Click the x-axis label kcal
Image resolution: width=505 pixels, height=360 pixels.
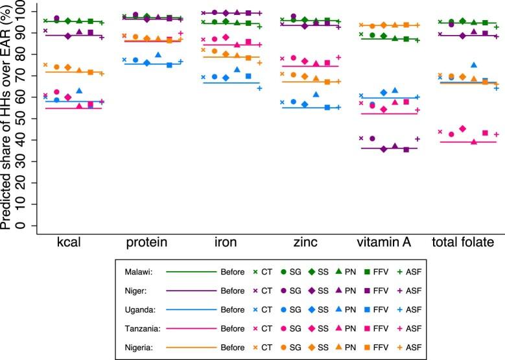coord(69,243)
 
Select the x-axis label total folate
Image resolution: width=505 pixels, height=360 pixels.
coord(465,243)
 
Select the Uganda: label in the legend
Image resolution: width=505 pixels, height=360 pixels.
coord(133,309)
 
